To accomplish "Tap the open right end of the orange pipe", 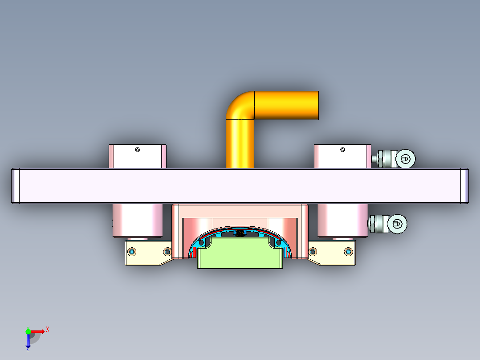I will [x=315, y=105].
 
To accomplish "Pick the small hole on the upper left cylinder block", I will [x=138, y=150].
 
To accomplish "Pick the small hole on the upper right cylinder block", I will [x=342, y=150].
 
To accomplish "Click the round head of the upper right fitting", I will [x=406, y=158].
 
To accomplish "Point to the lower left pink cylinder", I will [x=138, y=221].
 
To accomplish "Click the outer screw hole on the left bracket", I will [x=132, y=252].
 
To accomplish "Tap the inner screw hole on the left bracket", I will [x=167, y=252].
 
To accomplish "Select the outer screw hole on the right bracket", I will [x=349, y=252].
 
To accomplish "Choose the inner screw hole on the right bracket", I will [x=312, y=252].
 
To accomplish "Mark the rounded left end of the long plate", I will [x=15, y=186].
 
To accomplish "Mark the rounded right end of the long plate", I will [x=464, y=186].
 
